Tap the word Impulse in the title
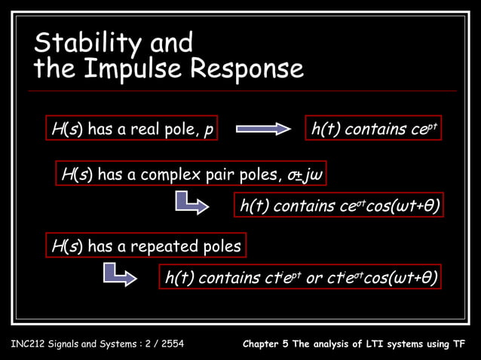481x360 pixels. tap(136, 69)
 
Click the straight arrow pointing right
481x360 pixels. tap(263, 130)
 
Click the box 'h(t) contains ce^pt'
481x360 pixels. tap(373, 130)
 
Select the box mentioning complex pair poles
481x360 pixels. tap(192, 175)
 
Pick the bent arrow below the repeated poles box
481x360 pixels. tap(120, 273)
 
